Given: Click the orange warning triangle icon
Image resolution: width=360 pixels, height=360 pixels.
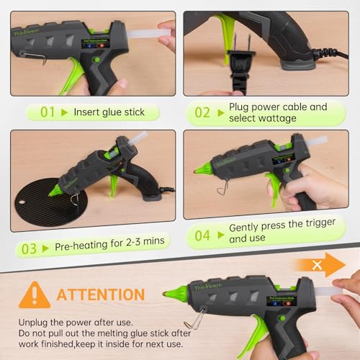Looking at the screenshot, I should click(x=34, y=294).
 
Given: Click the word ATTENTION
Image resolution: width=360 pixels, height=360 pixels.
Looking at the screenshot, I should click(x=100, y=294).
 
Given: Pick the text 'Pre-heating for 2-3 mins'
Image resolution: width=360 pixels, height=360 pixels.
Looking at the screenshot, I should click(x=107, y=247).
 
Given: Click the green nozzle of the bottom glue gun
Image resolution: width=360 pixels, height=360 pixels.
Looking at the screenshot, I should click(x=175, y=293).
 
